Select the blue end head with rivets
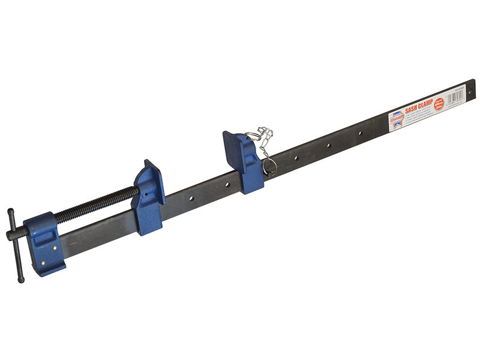point(48,240)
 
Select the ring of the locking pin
point(269,167)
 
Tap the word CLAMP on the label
point(427,103)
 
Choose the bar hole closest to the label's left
point(361,133)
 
